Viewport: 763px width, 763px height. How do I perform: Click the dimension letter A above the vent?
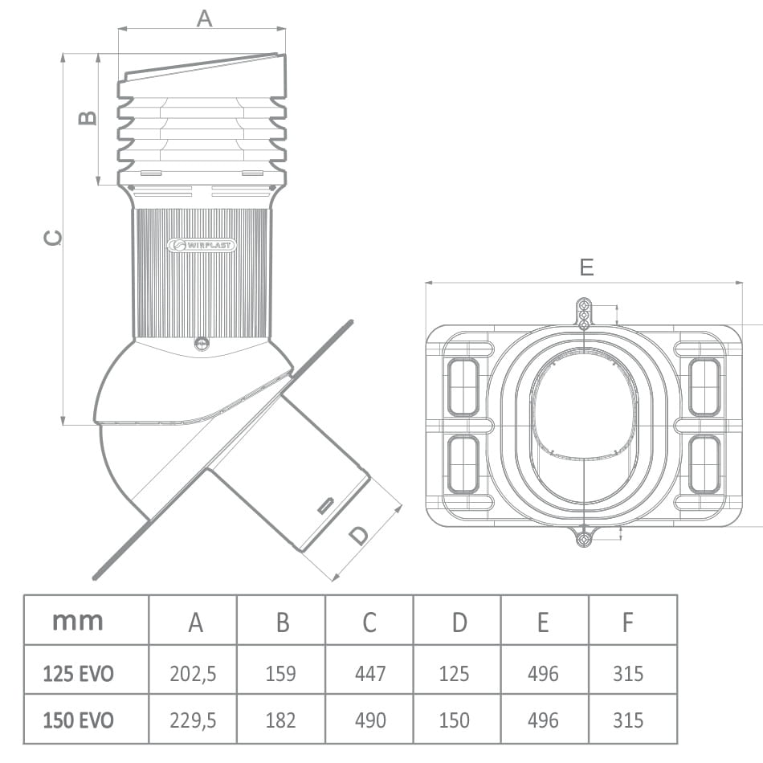[x=205, y=18]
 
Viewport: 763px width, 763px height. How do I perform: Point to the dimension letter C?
[x=52, y=238]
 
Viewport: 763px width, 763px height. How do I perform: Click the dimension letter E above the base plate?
[x=586, y=267]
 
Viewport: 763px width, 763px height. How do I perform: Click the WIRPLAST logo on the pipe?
[x=202, y=245]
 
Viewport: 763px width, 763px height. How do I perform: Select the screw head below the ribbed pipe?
[x=202, y=344]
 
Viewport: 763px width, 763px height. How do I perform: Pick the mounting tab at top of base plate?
[x=585, y=313]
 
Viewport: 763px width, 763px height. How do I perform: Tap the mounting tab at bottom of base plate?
[x=585, y=536]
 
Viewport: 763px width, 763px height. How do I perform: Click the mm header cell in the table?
[x=78, y=620]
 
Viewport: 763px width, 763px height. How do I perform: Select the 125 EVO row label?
[x=79, y=673]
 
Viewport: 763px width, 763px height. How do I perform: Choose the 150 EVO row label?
[x=79, y=720]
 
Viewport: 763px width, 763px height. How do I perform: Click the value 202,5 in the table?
[x=193, y=673]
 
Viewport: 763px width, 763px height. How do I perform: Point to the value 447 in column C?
[x=370, y=673]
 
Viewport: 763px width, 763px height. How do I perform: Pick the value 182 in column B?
[x=280, y=720]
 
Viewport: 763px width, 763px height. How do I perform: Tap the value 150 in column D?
[x=454, y=720]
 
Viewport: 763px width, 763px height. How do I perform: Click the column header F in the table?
[x=627, y=622]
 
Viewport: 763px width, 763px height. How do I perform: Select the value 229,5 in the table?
[x=193, y=720]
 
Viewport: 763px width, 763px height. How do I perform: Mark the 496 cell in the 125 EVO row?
[x=543, y=673]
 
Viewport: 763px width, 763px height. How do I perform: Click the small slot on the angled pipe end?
[x=326, y=505]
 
